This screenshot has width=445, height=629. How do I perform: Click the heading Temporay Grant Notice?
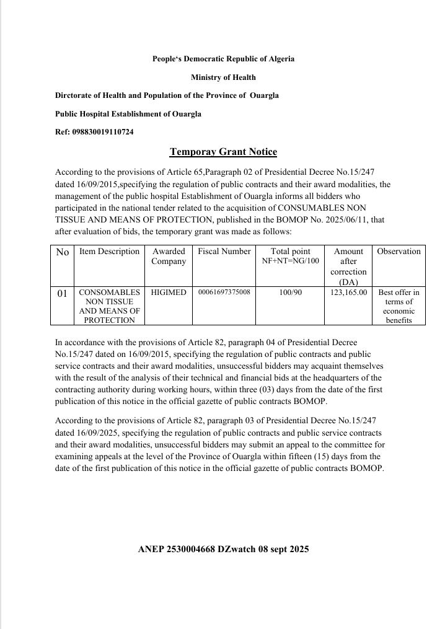(223, 152)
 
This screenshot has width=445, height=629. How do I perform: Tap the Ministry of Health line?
(223, 77)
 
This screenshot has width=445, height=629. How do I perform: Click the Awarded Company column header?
(169, 256)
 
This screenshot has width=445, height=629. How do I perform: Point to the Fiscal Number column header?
(224, 252)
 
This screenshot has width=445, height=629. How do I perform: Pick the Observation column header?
(399, 252)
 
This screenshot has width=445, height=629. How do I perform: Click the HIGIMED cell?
(169, 292)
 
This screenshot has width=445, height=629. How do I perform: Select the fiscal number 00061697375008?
(224, 292)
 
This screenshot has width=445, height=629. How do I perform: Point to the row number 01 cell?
(62, 293)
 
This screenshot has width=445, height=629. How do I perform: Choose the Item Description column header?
(110, 252)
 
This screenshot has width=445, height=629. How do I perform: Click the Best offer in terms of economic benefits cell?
(399, 306)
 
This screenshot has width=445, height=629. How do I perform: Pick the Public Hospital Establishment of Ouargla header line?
(128, 114)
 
